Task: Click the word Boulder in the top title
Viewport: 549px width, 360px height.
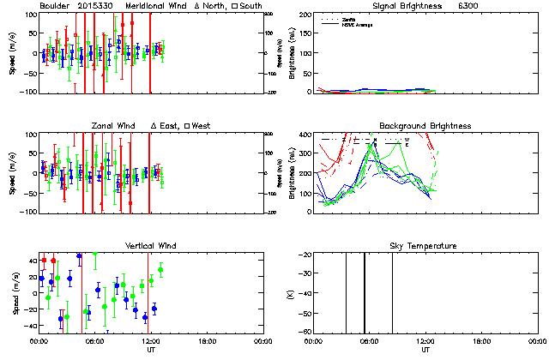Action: tap(56, 5)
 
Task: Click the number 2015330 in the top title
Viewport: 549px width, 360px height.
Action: tap(97, 5)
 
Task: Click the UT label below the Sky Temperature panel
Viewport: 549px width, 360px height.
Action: tap(425, 350)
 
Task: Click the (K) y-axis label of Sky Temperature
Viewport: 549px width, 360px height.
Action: tap(291, 294)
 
